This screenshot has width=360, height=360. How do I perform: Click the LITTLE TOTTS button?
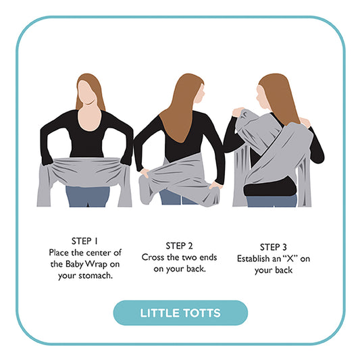point(180,313)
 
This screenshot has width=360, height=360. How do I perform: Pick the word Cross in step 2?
point(154,257)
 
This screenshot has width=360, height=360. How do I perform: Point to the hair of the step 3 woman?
point(277,101)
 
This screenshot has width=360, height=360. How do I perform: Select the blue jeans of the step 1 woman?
point(88,197)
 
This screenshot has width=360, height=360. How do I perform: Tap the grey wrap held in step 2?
point(179,179)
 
